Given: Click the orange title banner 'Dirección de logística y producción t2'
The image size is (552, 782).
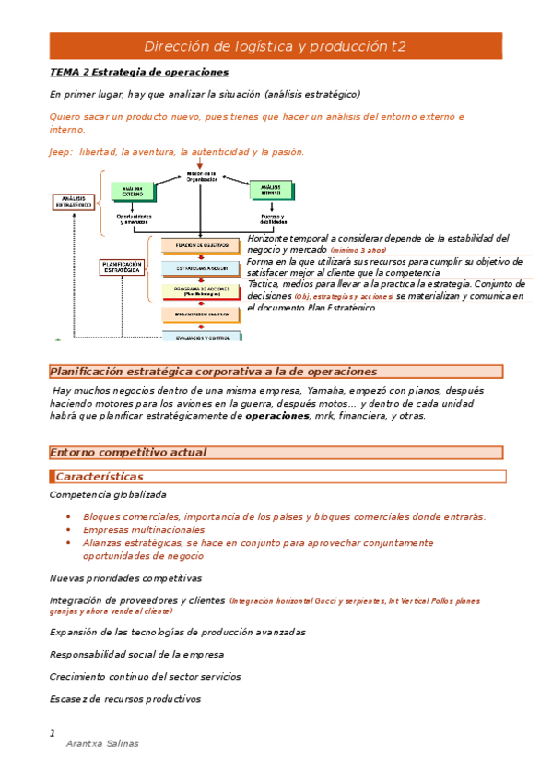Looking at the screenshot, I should [275, 46].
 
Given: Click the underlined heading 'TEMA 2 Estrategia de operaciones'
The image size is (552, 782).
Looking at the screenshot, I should [139, 72].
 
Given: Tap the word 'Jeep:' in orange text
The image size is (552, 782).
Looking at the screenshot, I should [62, 152].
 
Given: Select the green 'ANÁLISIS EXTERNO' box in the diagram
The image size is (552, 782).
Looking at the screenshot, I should [133, 191].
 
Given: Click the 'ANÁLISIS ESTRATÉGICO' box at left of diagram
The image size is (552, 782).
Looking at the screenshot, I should [72, 202].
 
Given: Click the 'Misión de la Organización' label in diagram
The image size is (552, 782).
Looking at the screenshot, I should [200, 176].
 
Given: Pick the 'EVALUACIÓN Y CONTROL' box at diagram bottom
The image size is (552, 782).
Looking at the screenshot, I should [202, 337].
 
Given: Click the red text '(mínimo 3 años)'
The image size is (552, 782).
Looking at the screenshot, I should [358, 251].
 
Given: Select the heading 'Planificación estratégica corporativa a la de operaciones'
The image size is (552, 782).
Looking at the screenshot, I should [213, 372].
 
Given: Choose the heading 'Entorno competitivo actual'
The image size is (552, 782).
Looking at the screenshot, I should [128, 453].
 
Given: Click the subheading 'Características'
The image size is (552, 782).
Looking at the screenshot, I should [100, 477].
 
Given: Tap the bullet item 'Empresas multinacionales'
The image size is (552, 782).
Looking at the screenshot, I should [144, 530].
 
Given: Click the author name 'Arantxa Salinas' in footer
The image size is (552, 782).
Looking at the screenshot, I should [102, 743].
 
